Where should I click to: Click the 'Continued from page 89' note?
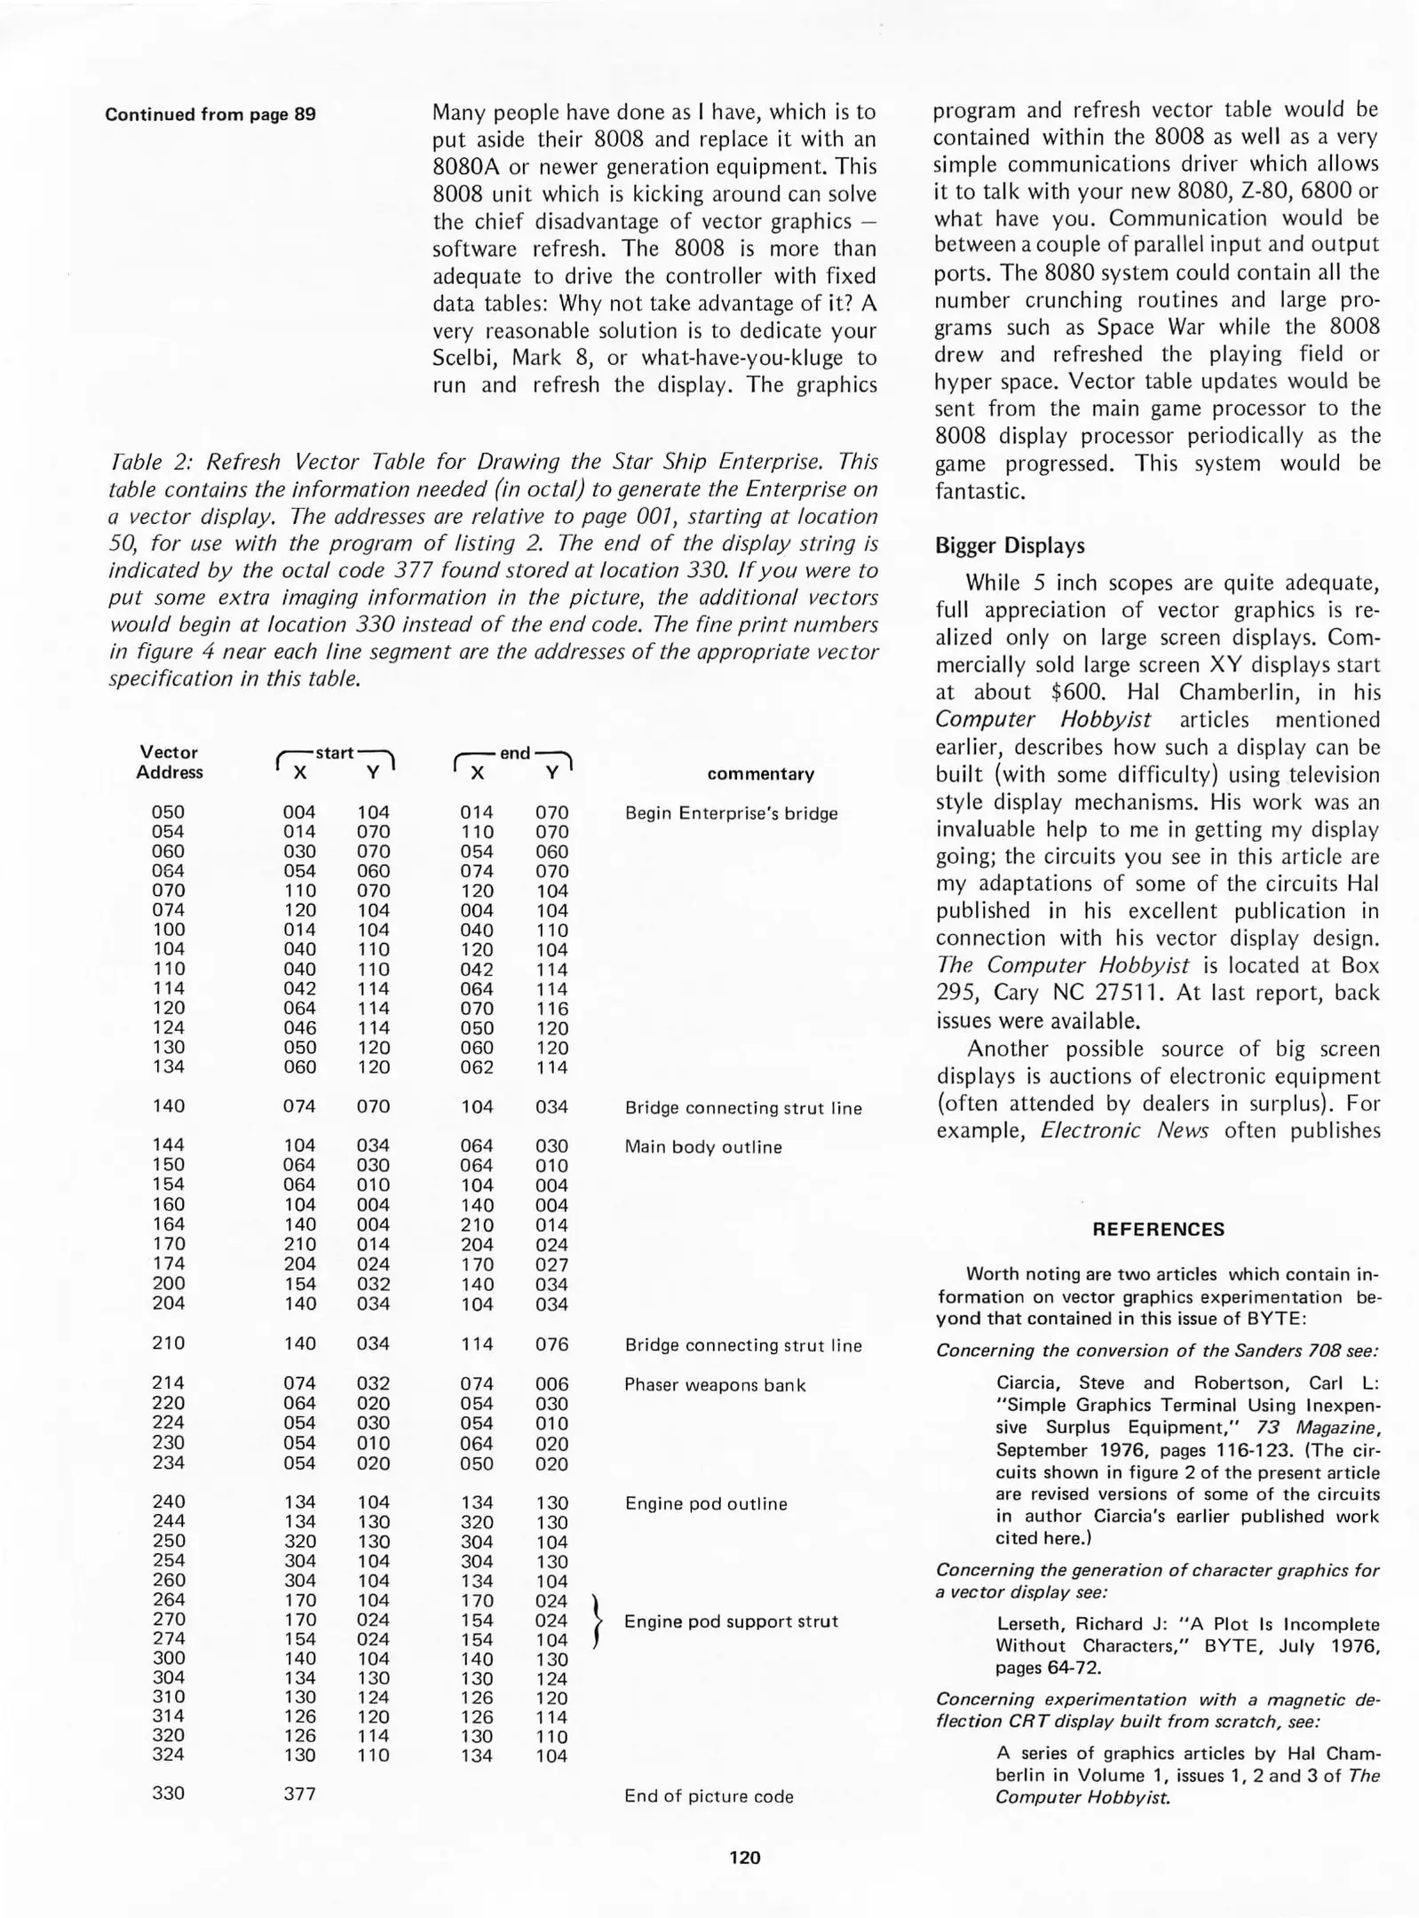click(x=210, y=115)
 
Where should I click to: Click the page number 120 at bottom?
click(x=744, y=1857)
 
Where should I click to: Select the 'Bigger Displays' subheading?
click(x=1010, y=545)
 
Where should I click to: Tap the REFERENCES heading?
click(x=1158, y=1229)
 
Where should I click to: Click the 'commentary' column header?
click(x=760, y=773)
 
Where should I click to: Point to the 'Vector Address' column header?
click(x=169, y=762)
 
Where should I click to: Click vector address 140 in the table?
click(x=168, y=1106)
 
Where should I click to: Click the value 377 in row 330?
click(x=299, y=1793)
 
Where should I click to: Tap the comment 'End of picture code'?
click(x=709, y=1795)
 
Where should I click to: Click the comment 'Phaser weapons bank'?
click(x=715, y=1384)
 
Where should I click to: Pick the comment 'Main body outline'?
click(x=703, y=1146)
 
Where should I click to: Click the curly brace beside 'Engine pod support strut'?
click(x=597, y=1621)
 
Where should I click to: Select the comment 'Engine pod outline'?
click(x=706, y=1503)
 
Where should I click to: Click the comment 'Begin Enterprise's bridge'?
click(x=731, y=812)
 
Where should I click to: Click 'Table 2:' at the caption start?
click(x=149, y=462)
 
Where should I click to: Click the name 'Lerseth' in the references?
click(x=1030, y=1623)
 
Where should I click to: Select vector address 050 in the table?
click(x=168, y=812)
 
